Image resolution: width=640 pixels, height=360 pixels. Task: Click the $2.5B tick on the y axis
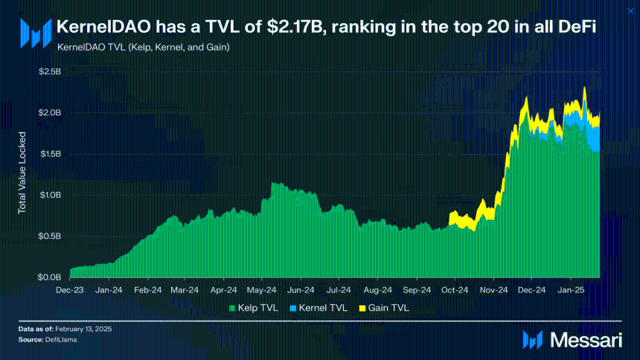pos(50,71)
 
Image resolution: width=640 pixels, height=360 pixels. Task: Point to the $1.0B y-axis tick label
pos(50,195)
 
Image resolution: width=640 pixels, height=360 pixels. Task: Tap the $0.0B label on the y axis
pos(50,277)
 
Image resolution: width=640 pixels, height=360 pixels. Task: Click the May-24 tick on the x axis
pos(262,290)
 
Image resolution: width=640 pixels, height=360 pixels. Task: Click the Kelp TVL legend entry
pos(254,306)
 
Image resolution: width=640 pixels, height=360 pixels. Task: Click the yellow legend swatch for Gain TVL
pos(362,306)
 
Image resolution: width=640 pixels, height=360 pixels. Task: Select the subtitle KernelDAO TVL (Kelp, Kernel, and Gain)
pos(142,47)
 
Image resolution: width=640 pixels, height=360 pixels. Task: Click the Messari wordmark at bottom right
pos(586,340)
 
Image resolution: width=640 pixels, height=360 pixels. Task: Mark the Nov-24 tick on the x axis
pos(493,290)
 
